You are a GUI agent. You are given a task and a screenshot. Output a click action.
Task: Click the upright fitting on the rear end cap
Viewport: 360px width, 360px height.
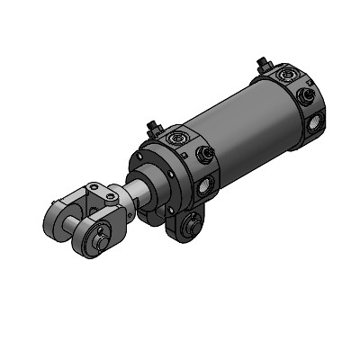[262, 65]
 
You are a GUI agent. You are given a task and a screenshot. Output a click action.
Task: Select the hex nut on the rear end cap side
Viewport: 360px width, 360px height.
[305, 94]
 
